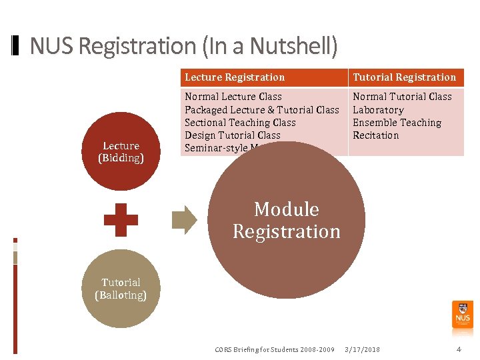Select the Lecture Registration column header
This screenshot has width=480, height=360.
235,77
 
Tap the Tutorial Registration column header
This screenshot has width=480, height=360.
404,77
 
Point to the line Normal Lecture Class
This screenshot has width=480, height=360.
233,97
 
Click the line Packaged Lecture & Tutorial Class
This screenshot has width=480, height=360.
262,110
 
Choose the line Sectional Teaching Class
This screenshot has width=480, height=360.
240,123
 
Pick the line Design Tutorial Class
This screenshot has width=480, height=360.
233,135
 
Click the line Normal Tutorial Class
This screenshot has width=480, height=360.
402,97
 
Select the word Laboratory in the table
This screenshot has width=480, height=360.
378,110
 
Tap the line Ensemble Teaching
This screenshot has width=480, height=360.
397,123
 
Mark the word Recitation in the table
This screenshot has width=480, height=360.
375,135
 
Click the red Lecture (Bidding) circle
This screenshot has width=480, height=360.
121,151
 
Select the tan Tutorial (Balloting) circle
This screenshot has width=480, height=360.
121,289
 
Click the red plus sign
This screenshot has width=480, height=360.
121,220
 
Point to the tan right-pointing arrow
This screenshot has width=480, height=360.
184,220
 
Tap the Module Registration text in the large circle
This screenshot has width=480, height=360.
287,220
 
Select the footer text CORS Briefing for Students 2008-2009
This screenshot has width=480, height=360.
275,349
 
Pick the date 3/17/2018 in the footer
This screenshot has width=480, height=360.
361,349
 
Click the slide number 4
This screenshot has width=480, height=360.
458,349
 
